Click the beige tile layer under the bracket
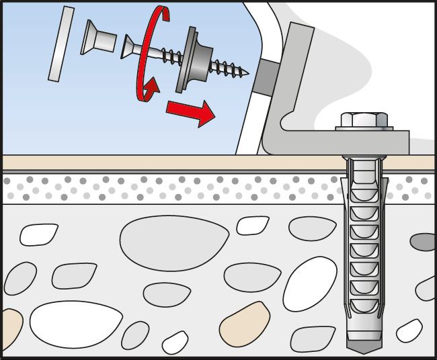coord(168,162)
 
